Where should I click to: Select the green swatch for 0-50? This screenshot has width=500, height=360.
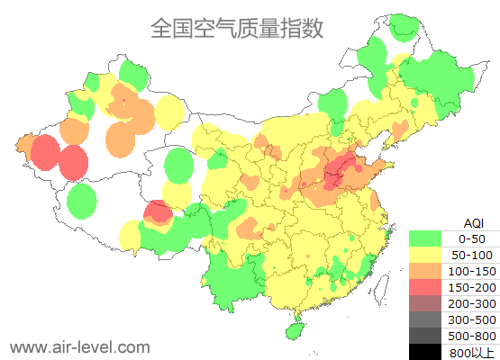425,238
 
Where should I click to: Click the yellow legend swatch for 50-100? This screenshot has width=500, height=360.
425,255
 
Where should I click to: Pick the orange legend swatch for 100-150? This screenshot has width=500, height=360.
425,271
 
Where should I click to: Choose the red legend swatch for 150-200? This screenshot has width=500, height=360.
425,287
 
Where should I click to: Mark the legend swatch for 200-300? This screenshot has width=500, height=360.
425,303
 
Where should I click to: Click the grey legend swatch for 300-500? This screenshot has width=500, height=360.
425,319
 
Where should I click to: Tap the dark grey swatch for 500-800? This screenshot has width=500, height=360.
425,336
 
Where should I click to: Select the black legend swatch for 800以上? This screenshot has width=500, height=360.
425,352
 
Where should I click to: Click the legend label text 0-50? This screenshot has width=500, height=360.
472,238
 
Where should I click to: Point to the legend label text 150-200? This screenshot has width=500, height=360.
472,287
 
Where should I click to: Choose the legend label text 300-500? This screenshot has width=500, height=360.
472,319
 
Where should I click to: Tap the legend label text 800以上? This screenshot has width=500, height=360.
472,352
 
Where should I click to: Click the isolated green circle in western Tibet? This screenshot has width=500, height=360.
82,201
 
